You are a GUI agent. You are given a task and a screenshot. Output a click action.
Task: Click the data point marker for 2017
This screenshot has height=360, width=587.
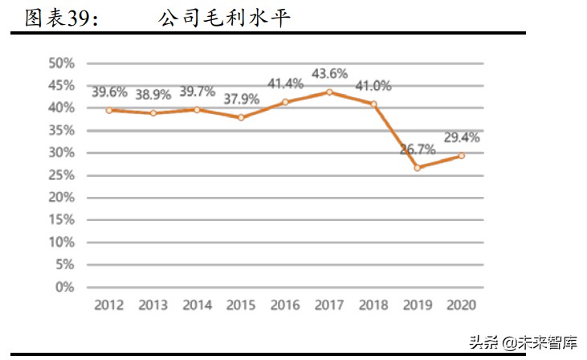click(329, 92)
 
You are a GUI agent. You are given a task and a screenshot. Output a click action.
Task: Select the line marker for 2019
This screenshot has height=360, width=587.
click(418, 167)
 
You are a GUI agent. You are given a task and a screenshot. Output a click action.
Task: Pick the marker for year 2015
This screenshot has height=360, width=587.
click(241, 117)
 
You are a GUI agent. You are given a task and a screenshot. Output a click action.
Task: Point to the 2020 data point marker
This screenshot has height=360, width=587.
click(461, 155)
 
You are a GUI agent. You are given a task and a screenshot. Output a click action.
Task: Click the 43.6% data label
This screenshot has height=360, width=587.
click(329, 74)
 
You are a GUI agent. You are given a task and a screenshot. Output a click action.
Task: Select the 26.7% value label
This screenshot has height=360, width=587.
click(418, 149)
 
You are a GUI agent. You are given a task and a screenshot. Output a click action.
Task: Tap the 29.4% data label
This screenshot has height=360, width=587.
click(461, 137)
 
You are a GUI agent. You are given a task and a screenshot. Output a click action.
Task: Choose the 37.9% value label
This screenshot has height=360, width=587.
click(241, 100)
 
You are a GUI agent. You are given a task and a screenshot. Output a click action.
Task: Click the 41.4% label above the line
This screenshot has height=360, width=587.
click(285, 83)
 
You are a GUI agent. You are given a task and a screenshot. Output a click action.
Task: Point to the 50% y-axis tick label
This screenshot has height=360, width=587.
click(62, 63)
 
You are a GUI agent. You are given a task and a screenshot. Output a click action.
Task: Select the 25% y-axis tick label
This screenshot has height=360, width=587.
click(62, 174)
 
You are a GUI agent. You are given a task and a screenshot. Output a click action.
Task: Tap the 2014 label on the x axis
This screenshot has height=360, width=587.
click(197, 305)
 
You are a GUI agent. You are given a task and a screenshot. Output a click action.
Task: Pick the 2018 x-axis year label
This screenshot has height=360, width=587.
click(373, 305)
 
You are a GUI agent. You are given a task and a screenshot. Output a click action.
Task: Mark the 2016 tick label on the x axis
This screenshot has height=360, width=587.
click(285, 305)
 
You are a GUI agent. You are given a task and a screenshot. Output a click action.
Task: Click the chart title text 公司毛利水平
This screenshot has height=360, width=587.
click(224, 18)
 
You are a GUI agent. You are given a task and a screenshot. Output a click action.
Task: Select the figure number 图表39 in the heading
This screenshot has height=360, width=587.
click(63, 18)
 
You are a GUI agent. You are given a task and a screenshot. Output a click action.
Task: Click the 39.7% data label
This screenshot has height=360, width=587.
click(197, 92)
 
